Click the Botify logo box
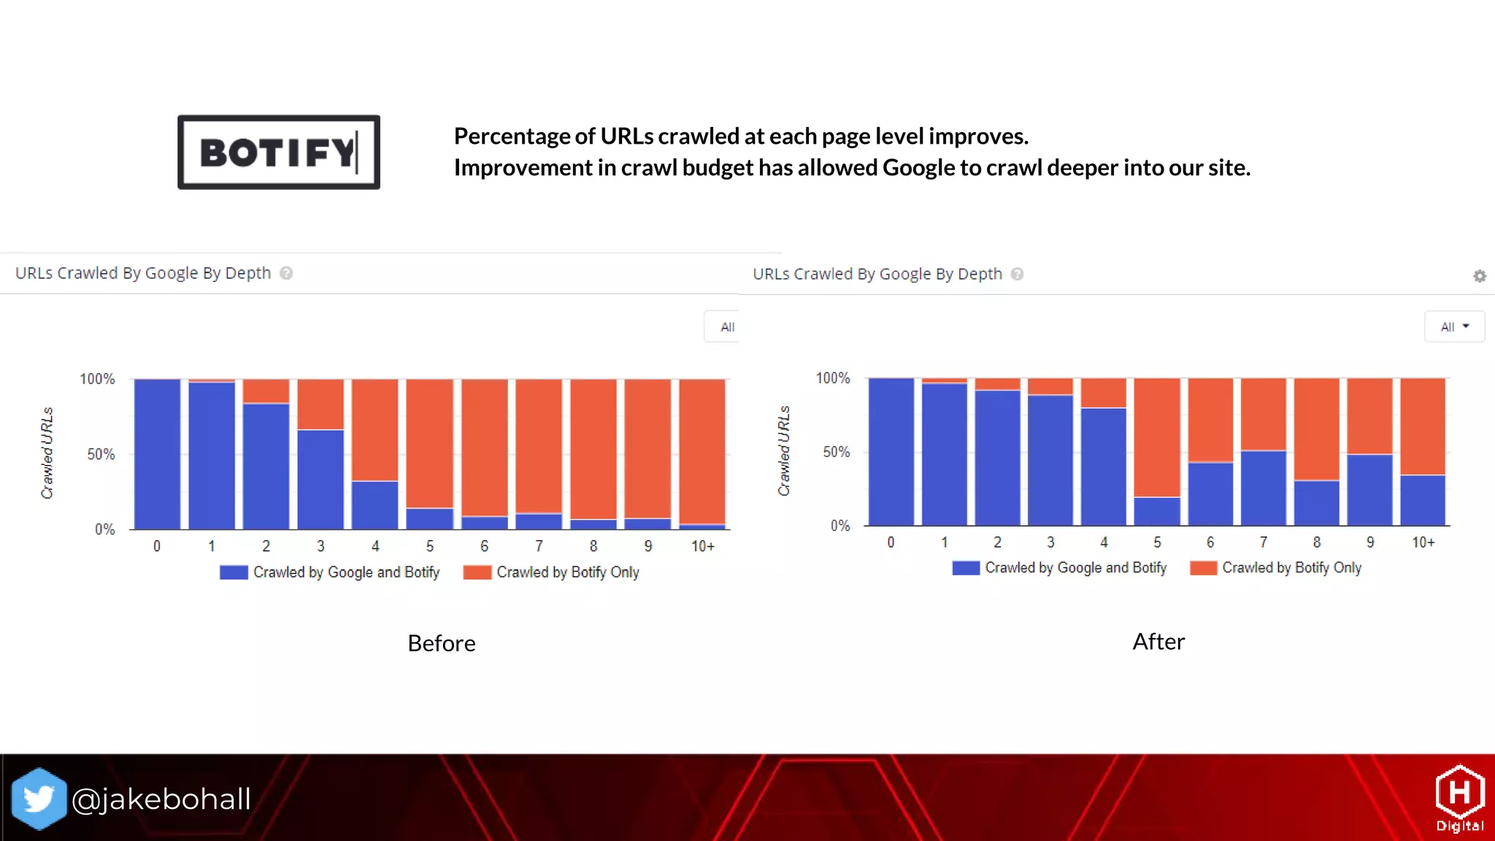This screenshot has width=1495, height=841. [x=278, y=152]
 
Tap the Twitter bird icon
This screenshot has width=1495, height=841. [x=39, y=799]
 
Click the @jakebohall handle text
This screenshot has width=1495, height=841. [x=161, y=799]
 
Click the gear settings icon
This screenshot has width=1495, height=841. [x=1480, y=276]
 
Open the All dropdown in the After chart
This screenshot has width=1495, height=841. [x=1454, y=326]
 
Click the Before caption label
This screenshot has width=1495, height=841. [x=441, y=643]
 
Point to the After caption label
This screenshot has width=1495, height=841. [x=1158, y=642]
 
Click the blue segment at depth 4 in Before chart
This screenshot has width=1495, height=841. [x=375, y=504]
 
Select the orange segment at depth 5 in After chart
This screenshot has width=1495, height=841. [x=1157, y=437]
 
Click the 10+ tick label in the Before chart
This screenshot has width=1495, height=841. [x=702, y=546]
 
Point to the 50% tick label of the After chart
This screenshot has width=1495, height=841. [x=837, y=452]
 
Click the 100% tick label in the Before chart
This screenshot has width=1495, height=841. [x=97, y=379]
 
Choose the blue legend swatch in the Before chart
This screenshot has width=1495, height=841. [x=234, y=572]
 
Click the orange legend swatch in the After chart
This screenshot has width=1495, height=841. [x=1203, y=568]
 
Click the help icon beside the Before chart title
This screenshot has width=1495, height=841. [x=286, y=273]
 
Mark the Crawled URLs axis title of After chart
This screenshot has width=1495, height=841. [x=784, y=450]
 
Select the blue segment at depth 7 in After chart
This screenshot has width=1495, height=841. [x=1264, y=488]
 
